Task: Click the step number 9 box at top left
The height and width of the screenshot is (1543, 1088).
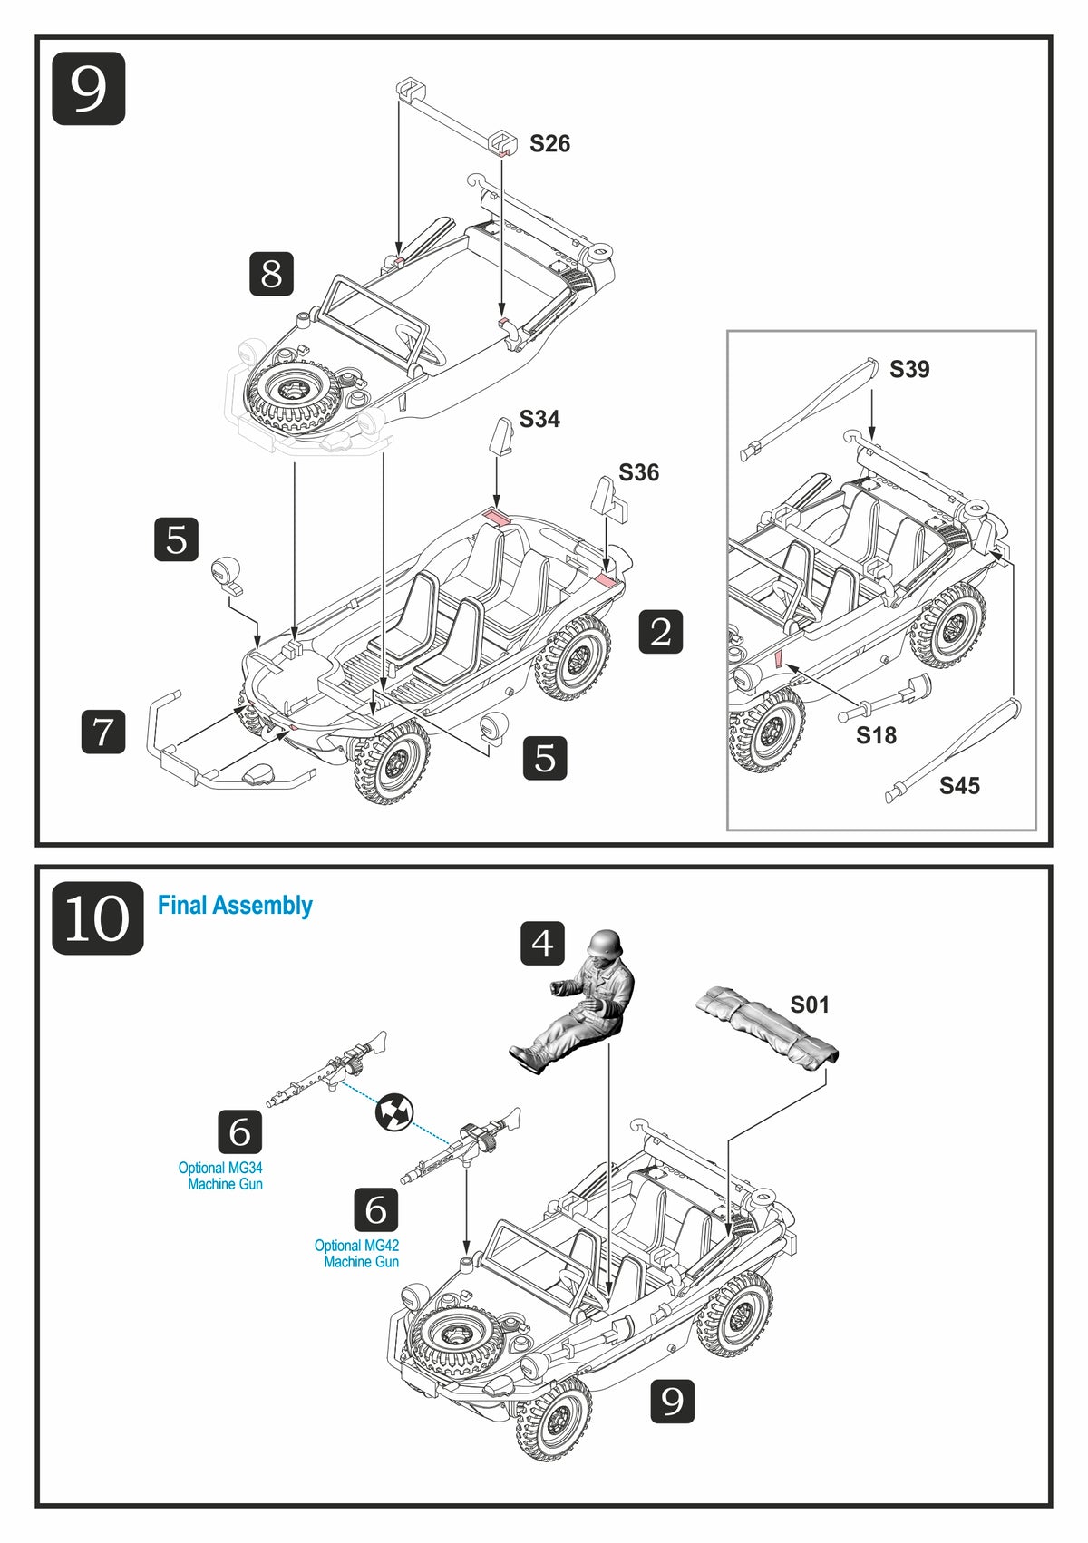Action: tap(88, 89)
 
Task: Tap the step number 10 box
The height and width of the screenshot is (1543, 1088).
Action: tap(97, 918)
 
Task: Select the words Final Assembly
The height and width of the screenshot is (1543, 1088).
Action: tap(235, 905)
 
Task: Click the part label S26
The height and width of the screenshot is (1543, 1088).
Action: tap(549, 143)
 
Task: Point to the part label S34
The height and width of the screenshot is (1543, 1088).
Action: tap(539, 419)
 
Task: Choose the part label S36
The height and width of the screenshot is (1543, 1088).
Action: tap(638, 472)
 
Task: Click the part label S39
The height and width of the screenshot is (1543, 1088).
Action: tap(909, 369)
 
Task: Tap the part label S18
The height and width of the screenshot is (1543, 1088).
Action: tap(876, 735)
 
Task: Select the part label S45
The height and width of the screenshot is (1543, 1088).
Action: tap(959, 786)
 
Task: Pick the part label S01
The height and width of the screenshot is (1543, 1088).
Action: tap(810, 1004)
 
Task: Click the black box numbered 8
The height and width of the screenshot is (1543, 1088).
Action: tap(271, 274)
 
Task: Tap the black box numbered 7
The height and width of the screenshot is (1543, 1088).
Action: tap(103, 732)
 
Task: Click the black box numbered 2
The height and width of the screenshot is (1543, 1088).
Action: tap(661, 632)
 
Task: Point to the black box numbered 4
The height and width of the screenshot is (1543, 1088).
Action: tap(542, 944)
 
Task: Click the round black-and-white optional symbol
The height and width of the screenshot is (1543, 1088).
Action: tap(394, 1111)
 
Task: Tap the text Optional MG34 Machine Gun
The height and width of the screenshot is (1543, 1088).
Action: tap(221, 1176)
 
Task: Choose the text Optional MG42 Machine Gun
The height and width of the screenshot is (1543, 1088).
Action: tap(357, 1254)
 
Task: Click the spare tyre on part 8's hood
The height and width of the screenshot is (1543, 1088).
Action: tap(293, 393)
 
